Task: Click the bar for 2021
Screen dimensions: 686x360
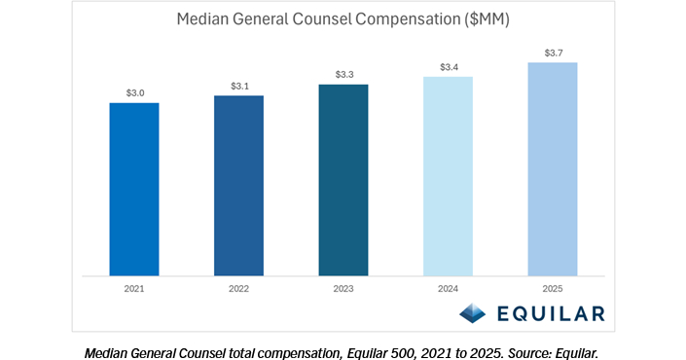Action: (134, 190)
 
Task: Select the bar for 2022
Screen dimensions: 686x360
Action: (238, 186)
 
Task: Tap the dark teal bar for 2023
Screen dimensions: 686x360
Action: (343, 180)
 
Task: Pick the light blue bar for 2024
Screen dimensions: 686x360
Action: (448, 176)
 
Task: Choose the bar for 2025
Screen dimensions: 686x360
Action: (553, 169)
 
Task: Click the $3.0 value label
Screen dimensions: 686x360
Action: (135, 92)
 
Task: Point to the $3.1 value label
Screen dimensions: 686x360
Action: (239, 87)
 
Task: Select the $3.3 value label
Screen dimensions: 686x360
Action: (344, 74)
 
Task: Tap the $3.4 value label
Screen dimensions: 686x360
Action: (449, 67)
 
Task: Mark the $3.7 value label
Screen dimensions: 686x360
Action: (554, 53)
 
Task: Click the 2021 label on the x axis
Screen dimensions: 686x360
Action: (134, 289)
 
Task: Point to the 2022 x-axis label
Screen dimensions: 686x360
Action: (238, 289)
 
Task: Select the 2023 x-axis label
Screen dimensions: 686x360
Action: (343, 289)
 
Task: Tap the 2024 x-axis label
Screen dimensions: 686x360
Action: (448, 289)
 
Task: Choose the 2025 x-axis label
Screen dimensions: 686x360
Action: (553, 289)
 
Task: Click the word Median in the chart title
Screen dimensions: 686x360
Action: (202, 19)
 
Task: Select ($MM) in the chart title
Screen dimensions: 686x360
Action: (487, 19)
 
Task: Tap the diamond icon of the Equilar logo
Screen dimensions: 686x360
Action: (473, 313)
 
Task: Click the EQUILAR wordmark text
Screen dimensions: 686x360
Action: (552, 313)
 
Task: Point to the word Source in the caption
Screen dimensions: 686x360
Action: (526, 353)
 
